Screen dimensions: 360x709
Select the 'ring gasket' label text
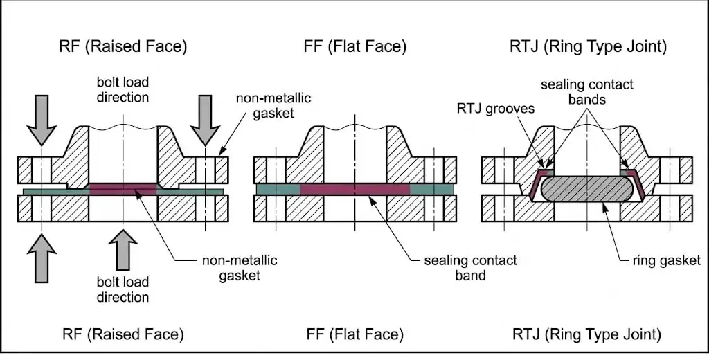666,260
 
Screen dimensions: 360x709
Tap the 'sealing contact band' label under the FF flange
470,268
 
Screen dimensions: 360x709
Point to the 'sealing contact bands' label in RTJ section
587,92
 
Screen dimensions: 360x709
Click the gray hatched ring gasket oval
585,188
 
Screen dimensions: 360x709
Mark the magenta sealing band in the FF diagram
354,188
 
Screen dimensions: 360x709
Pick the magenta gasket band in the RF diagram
123,188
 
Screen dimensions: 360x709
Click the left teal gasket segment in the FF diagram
278,188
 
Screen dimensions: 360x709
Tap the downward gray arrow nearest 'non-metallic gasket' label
206,118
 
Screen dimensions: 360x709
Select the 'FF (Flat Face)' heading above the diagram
354,47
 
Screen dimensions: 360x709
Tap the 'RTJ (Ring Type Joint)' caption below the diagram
586,334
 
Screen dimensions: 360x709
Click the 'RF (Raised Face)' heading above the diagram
123,47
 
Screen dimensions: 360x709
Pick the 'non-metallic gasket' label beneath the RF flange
240,268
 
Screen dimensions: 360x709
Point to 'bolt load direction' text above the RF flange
123,90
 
